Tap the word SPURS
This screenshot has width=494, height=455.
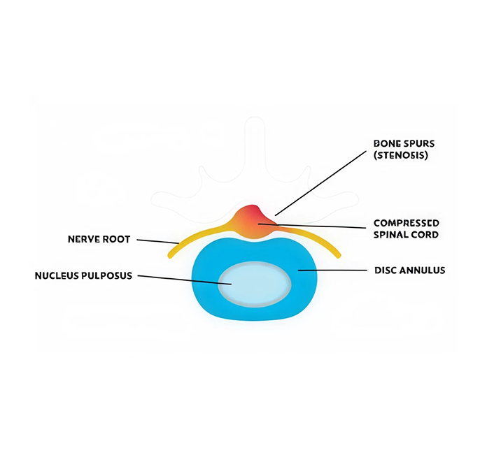click(418, 144)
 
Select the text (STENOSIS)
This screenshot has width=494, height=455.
click(401, 155)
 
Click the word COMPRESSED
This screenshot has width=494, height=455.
click(407, 224)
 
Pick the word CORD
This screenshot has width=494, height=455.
click(424, 235)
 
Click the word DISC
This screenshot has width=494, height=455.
click(388, 270)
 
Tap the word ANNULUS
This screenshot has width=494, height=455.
click(424, 270)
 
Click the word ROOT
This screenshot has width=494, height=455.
click(118, 240)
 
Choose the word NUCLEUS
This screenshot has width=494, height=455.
click(58, 276)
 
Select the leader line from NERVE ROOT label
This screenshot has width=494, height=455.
click(157, 241)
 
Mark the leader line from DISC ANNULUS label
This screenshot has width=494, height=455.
click(332, 270)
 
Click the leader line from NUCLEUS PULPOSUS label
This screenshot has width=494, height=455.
click(182, 279)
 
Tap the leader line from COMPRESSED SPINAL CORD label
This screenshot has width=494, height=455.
click(315, 226)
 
